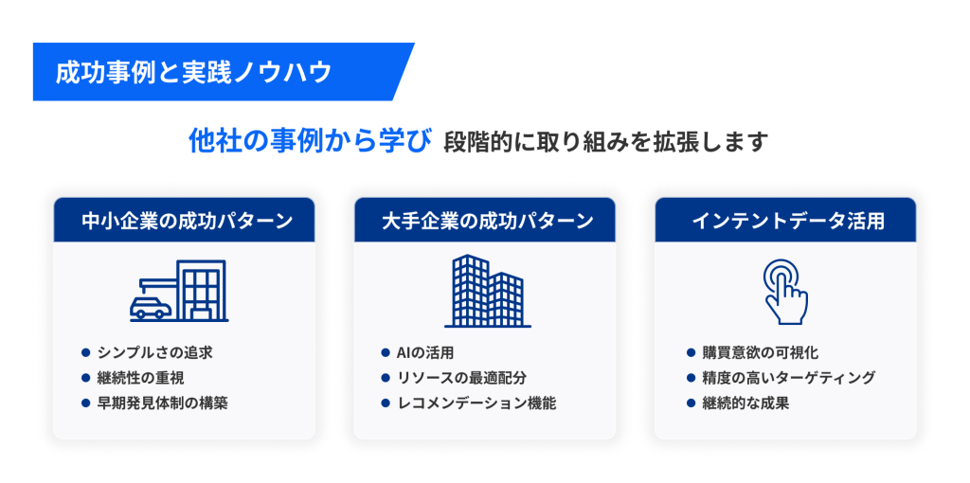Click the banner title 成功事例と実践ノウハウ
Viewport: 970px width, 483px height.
(193, 72)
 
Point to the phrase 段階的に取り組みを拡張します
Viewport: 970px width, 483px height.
(605, 142)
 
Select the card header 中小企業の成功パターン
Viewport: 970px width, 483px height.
(187, 221)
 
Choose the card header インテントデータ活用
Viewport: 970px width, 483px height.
(787, 221)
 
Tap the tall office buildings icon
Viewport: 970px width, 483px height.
(488, 291)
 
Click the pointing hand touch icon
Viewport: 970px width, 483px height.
(785, 291)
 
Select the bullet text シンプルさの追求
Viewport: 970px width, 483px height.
(155, 353)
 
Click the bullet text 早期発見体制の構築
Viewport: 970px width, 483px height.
(163, 403)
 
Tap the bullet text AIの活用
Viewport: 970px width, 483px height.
(425, 353)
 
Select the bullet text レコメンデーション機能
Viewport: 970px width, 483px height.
(476, 403)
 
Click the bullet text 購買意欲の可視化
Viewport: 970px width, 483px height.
(761, 353)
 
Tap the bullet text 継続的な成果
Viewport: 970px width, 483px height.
(745, 403)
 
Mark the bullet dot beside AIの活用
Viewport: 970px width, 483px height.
(386, 353)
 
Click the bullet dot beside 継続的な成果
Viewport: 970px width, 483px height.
(692, 403)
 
